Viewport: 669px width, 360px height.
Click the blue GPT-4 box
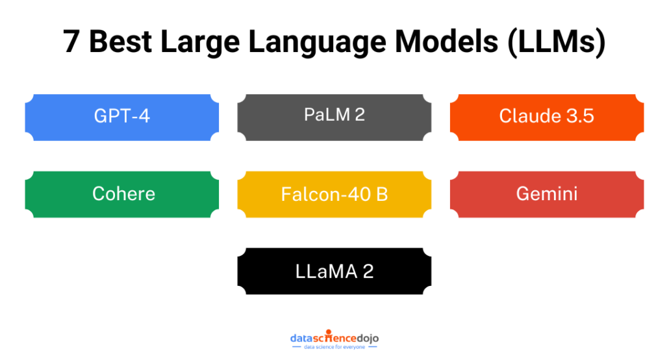pos(122,118)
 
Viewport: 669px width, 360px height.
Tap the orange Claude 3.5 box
pos(547,118)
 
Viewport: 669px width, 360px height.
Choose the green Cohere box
pos(122,194)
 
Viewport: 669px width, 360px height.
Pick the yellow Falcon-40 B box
pos(334,194)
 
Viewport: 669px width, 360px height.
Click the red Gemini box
pos(547,194)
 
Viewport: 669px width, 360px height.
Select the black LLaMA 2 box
pos(334,271)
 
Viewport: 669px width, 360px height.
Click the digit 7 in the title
pos(72,42)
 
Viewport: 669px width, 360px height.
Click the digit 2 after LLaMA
pos(368,271)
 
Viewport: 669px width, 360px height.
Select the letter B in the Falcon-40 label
pos(381,194)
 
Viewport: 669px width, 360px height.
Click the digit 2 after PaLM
pos(359,115)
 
